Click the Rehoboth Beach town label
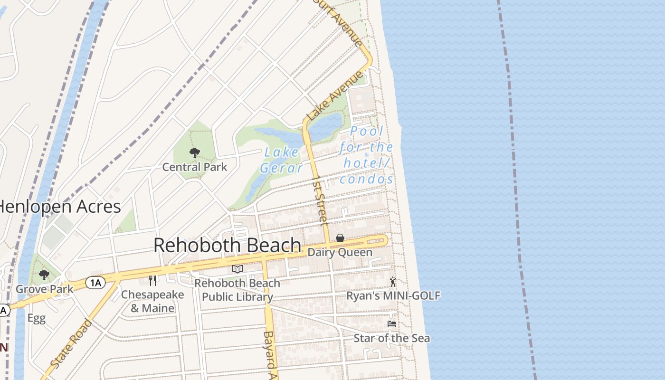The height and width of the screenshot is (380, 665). [x=227, y=245]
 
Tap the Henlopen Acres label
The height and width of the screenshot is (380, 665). [x=59, y=207]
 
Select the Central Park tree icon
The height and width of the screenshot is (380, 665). [x=194, y=152]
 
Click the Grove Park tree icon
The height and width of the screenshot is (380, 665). [x=44, y=275]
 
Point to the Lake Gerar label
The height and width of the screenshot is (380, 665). [x=281, y=160]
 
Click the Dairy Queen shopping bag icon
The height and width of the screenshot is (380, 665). [x=340, y=238]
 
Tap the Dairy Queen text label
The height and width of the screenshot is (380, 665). [x=340, y=252]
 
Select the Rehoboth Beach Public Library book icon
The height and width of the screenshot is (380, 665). [x=237, y=269]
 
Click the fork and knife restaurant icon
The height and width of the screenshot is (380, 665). [x=152, y=281]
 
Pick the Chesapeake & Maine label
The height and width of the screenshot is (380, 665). [x=152, y=301]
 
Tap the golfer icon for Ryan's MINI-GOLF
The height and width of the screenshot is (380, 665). [x=393, y=282]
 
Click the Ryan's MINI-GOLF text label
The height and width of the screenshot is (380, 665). [x=393, y=295]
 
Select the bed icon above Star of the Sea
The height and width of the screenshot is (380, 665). [x=392, y=324]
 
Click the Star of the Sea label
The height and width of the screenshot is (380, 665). [x=392, y=338]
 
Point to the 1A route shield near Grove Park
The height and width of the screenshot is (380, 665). [x=95, y=283]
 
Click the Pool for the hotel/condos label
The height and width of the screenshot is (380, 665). [x=366, y=155]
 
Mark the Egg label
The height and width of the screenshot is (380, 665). [x=36, y=318]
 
